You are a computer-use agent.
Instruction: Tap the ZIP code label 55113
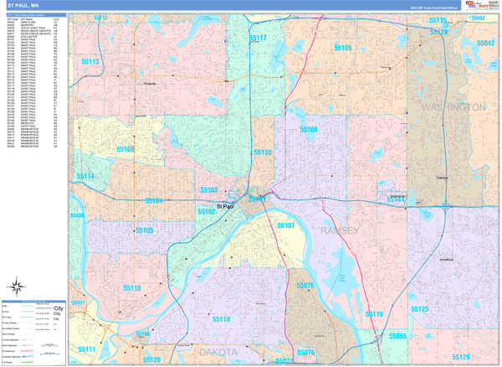tap(90, 62)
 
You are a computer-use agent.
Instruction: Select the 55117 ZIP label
tap(258, 39)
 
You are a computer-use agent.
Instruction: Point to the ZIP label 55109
tap(343, 49)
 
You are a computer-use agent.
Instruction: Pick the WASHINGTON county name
tap(454, 108)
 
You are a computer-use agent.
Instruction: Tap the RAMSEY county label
tap(339, 230)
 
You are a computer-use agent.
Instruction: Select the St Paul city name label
tap(225, 206)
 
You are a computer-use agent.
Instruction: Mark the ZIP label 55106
tap(309, 130)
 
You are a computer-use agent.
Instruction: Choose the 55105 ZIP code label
tap(143, 230)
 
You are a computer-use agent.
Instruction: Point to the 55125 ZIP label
tap(419, 309)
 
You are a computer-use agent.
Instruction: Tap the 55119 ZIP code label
tap(373, 314)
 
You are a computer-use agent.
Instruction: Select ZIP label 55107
tap(285, 225)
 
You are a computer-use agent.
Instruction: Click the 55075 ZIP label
tap(305, 286)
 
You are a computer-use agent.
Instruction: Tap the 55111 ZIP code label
tap(87, 349)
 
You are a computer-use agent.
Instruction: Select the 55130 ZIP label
tap(263, 152)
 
